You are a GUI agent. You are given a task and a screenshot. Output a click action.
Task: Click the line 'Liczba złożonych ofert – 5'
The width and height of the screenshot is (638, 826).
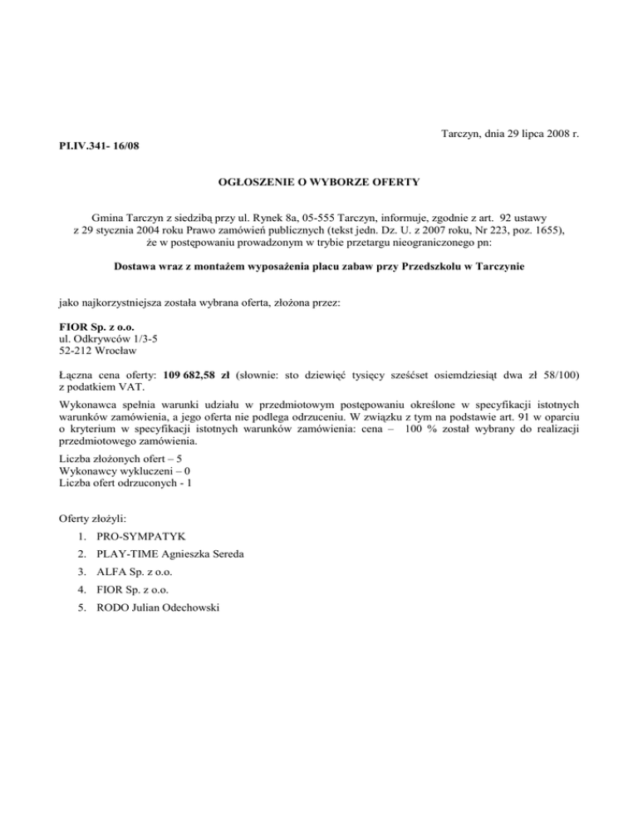121,459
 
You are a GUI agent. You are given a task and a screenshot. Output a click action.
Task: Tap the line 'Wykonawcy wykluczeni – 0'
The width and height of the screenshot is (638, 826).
120,471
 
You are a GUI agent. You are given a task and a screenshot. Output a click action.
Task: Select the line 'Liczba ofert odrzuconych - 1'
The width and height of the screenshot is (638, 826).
125,484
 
